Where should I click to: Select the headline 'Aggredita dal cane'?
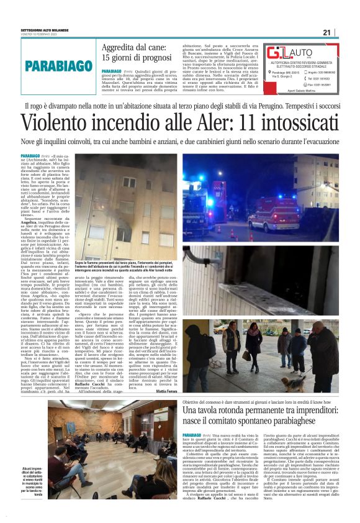click(140, 53)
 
